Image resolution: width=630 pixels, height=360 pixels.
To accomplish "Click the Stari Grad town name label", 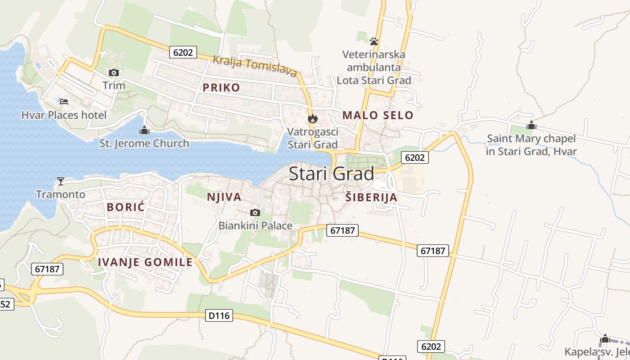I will click(x=331, y=174).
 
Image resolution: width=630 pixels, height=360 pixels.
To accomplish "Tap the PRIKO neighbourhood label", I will click(x=221, y=87).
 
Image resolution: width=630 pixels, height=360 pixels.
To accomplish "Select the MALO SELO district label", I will click(x=378, y=115).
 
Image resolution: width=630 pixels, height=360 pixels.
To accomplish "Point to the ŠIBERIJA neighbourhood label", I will click(x=371, y=197).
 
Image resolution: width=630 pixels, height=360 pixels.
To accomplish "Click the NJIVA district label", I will click(x=224, y=197).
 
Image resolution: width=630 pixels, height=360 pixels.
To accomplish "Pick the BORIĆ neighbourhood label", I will click(x=126, y=207).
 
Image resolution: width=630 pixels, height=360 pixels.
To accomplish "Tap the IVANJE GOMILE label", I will click(x=145, y=262).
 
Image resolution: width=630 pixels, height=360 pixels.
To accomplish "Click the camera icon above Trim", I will click(x=113, y=72).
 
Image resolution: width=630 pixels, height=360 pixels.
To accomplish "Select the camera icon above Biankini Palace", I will click(x=255, y=212).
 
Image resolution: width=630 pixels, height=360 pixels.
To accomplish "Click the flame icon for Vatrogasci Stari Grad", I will click(x=312, y=119).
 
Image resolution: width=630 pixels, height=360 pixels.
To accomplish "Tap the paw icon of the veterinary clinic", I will click(x=373, y=41).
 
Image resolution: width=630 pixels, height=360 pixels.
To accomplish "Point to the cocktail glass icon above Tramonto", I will click(x=61, y=181).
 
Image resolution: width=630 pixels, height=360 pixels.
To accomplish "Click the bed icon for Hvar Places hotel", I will click(x=64, y=102).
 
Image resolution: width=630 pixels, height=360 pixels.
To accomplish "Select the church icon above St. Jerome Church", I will click(x=144, y=130).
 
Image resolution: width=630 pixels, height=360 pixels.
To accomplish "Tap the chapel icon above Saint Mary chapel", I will click(x=531, y=125).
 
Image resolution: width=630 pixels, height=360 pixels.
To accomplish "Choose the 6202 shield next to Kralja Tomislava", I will click(x=183, y=52).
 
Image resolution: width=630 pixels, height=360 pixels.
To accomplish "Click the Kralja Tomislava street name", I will click(x=254, y=66).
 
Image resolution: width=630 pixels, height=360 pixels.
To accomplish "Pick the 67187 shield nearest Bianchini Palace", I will click(x=342, y=230).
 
